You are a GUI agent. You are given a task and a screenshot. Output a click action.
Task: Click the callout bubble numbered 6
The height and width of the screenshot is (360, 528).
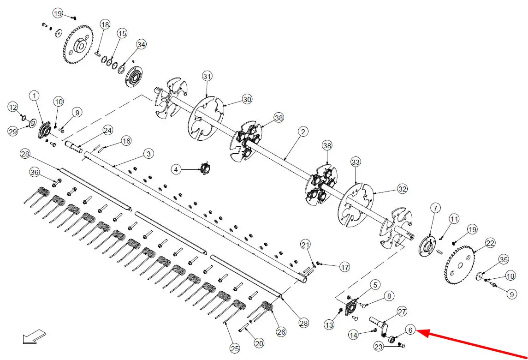point(410,330)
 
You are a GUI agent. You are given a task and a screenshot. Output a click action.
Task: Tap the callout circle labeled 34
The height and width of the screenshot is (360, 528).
point(142,44)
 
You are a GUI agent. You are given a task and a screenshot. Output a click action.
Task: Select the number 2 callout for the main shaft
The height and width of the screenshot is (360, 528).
point(303,132)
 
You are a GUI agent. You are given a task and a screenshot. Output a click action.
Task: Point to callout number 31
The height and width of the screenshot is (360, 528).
point(207,76)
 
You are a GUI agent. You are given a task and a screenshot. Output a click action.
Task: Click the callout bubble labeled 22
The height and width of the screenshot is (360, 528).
point(490,243)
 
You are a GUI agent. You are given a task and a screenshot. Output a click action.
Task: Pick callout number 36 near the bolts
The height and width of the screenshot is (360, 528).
point(35,173)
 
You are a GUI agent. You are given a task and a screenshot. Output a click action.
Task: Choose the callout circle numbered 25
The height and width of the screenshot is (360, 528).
point(235,348)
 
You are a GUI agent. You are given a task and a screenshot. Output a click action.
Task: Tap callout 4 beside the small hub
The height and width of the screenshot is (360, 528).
point(176,169)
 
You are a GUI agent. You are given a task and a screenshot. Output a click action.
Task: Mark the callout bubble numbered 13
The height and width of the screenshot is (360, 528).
point(329,324)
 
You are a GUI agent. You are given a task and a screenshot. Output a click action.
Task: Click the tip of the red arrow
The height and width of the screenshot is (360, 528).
point(417,331)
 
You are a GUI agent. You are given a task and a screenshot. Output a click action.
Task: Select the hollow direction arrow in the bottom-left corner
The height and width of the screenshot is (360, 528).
point(34,336)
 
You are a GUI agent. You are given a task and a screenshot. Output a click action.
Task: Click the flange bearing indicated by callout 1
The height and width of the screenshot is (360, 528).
point(44,130)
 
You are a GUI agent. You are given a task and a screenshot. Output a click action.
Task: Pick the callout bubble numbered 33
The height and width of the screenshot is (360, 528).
point(356,162)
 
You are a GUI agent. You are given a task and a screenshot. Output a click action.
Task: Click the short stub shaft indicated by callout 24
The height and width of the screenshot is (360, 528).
point(73,147)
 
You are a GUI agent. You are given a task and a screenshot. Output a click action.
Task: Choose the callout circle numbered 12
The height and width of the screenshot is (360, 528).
point(13,108)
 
